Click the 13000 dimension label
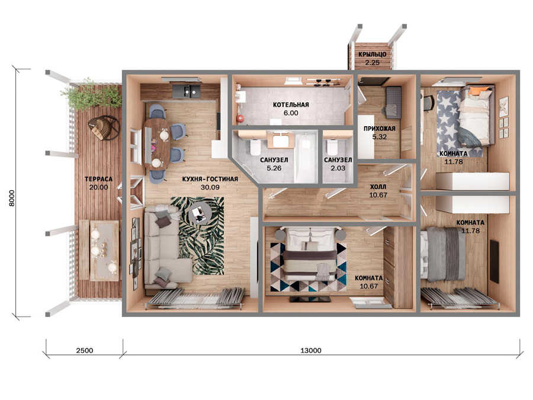coord(311,350)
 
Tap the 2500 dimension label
coord(85,350)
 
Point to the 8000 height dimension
coord(12,198)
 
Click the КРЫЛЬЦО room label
coord(373,55)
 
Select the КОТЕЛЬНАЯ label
coord(291,105)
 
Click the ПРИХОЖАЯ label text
coord(380,129)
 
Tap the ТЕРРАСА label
coord(98,179)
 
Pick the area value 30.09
coord(210,187)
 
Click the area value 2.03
coord(338,168)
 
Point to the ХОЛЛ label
coord(378,187)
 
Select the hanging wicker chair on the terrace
coord(104,127)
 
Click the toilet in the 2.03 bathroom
coord(332,147)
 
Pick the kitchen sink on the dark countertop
coord(187,91)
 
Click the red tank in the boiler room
coord(240,119)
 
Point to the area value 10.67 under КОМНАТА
coord(369,286)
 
